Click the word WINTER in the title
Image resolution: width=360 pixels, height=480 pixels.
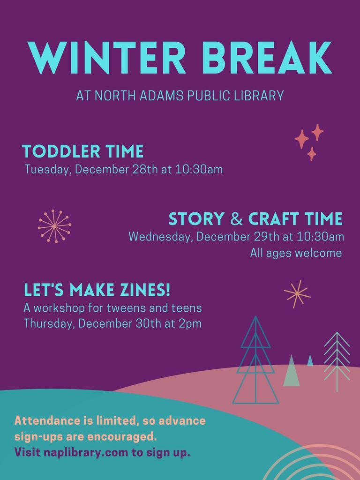tap(107, 58)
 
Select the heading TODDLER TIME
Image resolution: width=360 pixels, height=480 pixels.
tap(83, 151)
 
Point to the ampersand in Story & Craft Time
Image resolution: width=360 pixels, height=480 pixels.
tap(236, 219)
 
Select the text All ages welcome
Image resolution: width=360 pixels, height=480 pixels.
tap(296, 253)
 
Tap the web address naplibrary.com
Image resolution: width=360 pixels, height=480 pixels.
tap(86, 452)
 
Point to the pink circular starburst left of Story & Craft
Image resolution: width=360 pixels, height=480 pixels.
tap(54, 226)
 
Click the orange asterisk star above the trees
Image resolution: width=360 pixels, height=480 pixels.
tap(297, 294)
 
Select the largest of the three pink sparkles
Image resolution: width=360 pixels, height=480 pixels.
tap(302, 139)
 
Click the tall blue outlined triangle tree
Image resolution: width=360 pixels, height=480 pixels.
tap(255, 360)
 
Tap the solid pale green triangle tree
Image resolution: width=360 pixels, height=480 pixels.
tap(292, 372)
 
